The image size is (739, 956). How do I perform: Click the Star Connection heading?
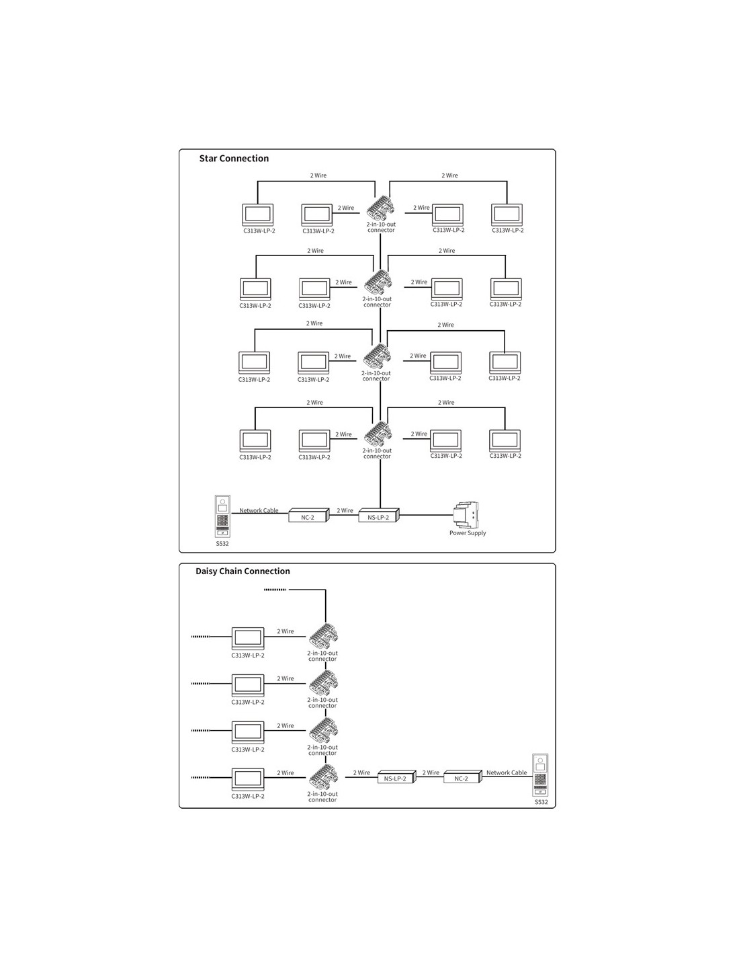(234, 159)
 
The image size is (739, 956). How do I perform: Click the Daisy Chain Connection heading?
(243, 571)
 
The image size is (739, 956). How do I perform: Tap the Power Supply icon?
(467, 515)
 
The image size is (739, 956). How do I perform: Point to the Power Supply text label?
(468, 533)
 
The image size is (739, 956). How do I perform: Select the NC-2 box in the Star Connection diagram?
(308, 516)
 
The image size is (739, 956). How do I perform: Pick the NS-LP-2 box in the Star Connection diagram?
(378, 516)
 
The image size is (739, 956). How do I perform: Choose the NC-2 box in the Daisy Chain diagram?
(462, 778)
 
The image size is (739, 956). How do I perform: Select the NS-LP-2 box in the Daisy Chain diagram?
(395, 778)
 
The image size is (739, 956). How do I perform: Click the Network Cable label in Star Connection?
(259, 510)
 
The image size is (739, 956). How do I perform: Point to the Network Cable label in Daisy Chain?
(507, 772)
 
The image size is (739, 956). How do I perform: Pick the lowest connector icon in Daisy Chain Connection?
(323, 779)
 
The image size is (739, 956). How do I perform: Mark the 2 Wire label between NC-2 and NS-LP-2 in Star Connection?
(345, 510)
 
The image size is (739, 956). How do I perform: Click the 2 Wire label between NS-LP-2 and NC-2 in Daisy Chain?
(431, 772)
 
